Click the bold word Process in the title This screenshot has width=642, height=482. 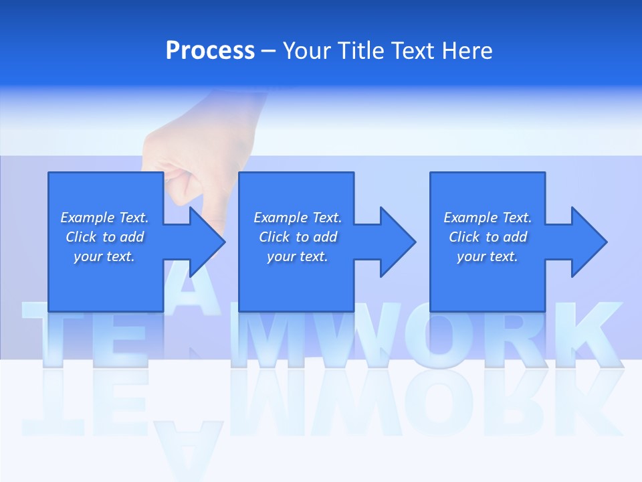click(x=210, y=51)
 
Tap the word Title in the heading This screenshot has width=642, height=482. click(x=363, y=51)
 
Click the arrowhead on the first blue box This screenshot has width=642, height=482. click(x=208, y=242)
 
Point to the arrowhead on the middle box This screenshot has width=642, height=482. click(x=398, y=242)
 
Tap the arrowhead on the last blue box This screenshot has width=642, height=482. click(x=589, y=242)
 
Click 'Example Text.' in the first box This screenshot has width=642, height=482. click(x=104, y=218)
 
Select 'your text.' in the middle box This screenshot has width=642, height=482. click(x=297, y=256)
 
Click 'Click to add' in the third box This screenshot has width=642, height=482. click(x=488, y=237)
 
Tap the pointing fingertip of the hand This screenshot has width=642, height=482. click(x=181, y=198)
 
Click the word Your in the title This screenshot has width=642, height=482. click(x=305, y=51)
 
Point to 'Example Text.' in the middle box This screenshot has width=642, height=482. click(x=297, y=218)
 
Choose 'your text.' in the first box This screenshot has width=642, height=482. click(x=104, y=256)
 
